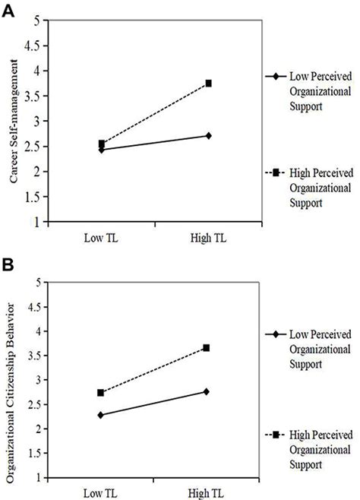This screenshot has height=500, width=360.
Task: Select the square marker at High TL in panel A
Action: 208,84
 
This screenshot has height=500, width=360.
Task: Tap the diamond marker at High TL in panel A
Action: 208,136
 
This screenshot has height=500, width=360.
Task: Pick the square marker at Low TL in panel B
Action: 100,393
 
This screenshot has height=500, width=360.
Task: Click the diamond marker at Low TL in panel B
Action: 100,416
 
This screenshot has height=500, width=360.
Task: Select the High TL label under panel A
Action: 208,238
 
